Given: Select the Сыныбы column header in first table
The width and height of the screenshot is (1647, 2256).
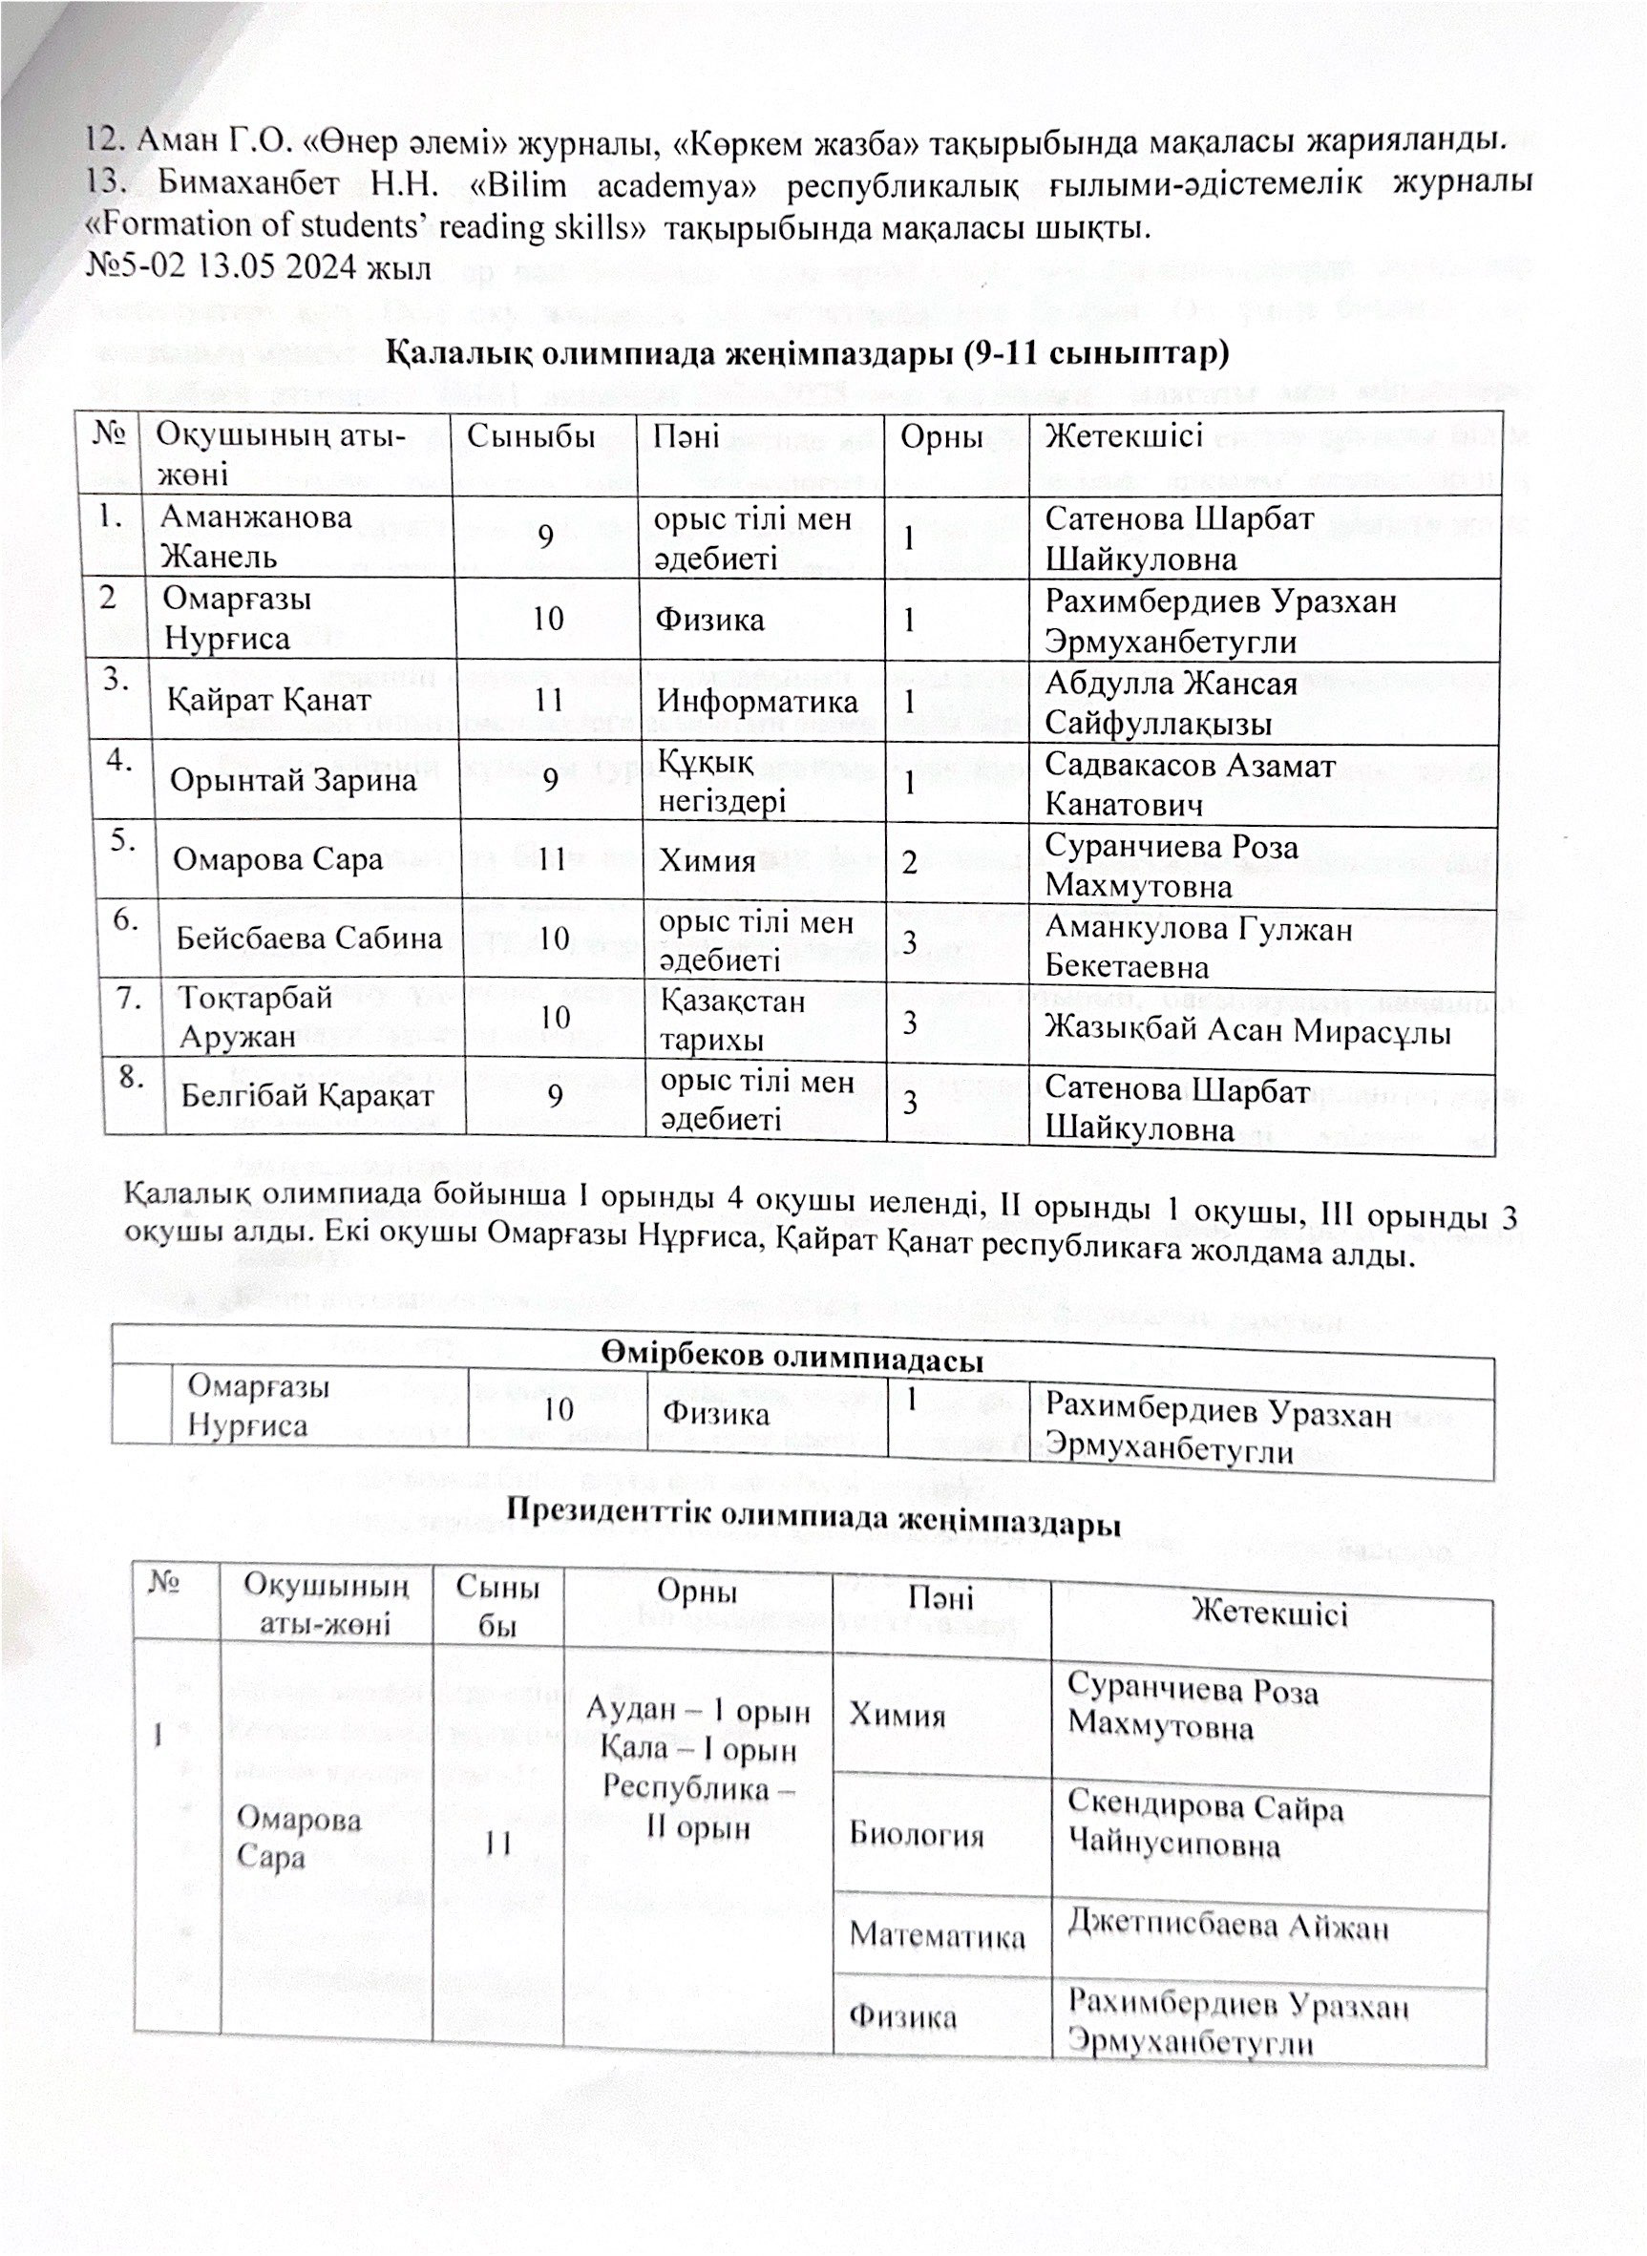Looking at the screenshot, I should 531,435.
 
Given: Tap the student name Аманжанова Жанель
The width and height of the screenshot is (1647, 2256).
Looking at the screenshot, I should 256,537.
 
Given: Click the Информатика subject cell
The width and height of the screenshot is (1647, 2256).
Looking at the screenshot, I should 757,701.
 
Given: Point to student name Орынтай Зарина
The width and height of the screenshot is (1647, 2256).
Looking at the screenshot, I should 292,780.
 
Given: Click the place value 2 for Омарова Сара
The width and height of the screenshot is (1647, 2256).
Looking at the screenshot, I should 909,861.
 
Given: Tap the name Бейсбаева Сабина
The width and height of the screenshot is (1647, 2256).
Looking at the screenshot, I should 308,938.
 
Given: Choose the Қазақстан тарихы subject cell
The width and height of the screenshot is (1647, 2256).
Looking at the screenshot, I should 732,1020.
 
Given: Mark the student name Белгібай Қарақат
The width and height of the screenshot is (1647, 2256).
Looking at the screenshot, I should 307,1097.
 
